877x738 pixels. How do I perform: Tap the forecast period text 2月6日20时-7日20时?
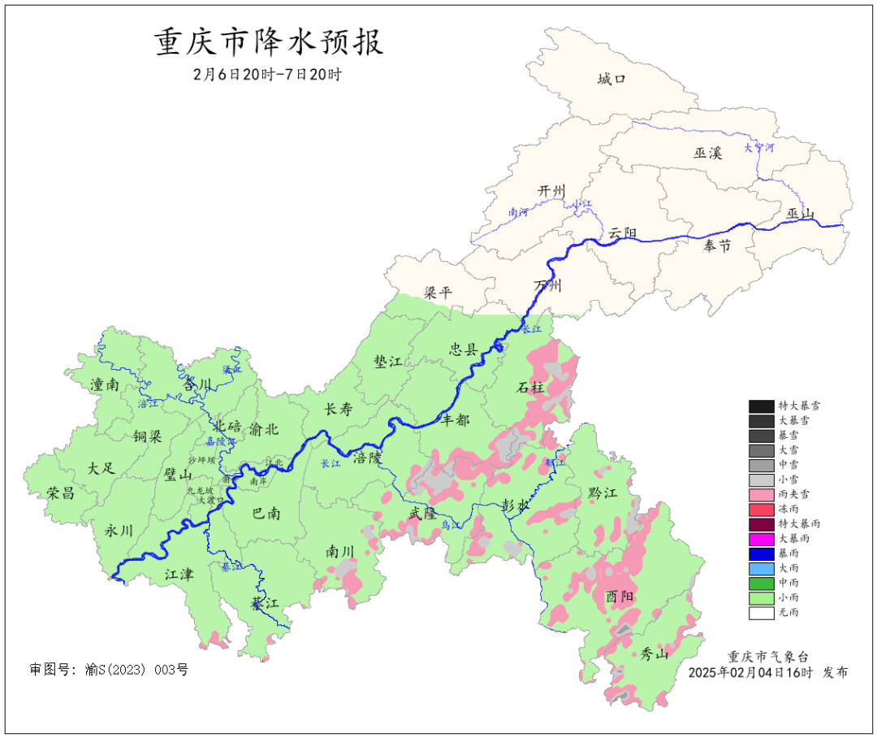[x=268, y=74]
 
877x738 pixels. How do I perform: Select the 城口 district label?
[x=611, y=79]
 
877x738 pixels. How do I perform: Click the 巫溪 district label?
[x=707, y=153]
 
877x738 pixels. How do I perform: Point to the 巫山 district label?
[x=800, y=214]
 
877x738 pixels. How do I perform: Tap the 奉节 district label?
[x=717, y=245]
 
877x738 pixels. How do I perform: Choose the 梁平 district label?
[x=438, y=293]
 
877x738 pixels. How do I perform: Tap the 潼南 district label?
[x=105, y=384]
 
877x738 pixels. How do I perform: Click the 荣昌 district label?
[x=60, y=493]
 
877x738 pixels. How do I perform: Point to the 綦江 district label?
[x=265, y=603]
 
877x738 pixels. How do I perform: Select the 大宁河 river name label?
[x=759, y=148]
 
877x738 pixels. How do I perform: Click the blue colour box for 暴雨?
[x=761, y=553]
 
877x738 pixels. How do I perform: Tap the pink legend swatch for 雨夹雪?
[x=761, y=494]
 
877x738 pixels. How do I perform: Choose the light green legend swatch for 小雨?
[x=761, y=598]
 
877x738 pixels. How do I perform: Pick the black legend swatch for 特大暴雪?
[x=761, y=406]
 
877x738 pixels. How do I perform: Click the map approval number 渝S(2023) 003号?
[x=109, y=670]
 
